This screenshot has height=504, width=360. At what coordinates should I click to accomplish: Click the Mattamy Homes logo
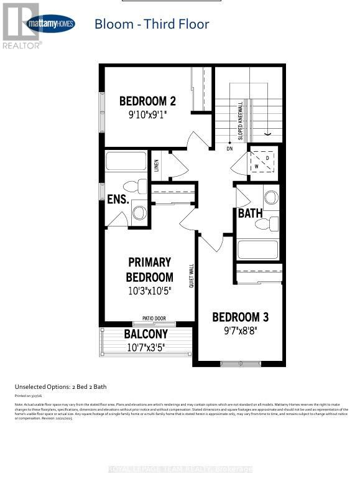tap(50, 24)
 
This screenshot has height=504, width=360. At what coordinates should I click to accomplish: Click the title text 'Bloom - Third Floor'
tap(152, 24)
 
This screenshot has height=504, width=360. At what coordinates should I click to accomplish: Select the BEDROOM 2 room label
tap(143, 101)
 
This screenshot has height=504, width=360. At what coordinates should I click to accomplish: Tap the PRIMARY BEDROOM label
tap(149, 269)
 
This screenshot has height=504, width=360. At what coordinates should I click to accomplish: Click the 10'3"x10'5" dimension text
tap(149, 290)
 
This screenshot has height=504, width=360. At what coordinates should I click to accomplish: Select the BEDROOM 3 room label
tap(241, 317)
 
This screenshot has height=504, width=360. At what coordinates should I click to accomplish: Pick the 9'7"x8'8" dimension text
tap(241, 330)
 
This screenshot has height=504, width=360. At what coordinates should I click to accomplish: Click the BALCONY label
tap(145, 334)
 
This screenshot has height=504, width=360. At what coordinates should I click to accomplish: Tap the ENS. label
tap(118, 200)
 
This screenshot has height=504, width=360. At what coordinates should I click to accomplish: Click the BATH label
tap(251, 213)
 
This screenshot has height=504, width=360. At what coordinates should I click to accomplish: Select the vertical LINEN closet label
tap(157, 166)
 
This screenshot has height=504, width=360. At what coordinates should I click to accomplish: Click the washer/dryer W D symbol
tap(261, 163)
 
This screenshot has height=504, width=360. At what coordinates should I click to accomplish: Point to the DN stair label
tap(229, 149)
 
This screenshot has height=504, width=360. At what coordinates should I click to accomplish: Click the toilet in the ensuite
tap(134, 186)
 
